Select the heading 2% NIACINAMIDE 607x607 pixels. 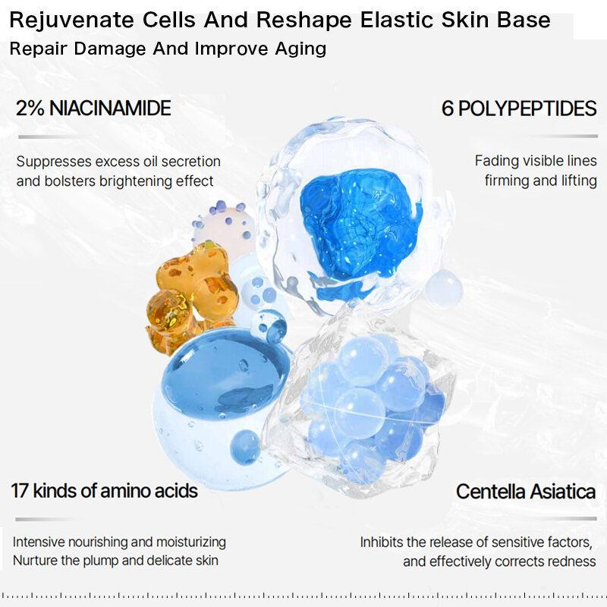click(93, 108)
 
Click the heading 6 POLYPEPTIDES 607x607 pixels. click(519, 109)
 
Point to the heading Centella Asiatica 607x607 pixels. click(526, 492)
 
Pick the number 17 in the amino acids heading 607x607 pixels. click(20, 490)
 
